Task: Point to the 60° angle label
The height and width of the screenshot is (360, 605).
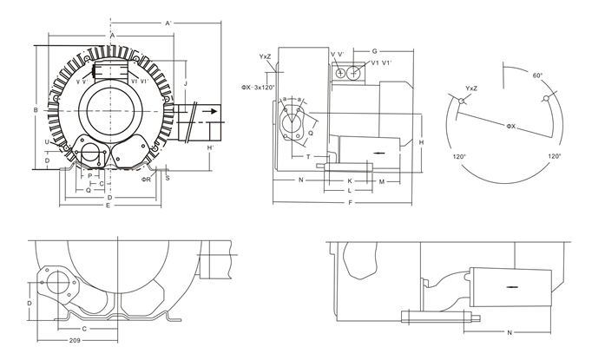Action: pyautogui.click(x=538, y=76)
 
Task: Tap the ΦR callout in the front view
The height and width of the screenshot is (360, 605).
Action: pyautogui.click(x=148, y=180)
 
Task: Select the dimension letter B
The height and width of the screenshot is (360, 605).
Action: pyautogui.click(x=35, y=110)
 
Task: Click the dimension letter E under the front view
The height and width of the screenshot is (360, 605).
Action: pyautogui.click(x=108, y=206)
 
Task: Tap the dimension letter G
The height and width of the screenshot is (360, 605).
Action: pyautogui.click(x=374, y=53)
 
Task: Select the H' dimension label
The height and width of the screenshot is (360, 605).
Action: pyautogui.click(x=211, y=148)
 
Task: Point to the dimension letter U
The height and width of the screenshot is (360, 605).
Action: pyautogui.click(x=46, y=141)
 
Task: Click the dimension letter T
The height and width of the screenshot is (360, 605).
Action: pyautogui.click(x=308, y=157)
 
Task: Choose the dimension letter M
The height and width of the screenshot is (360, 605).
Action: pyautogui.click(x=382, y=180)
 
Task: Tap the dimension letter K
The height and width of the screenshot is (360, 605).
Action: pyautogui.click(x=349, y=180)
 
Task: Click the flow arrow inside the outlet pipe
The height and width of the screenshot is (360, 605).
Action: pyautogui.click(x=209, y=111)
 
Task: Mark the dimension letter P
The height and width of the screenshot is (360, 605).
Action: pyautogui.click(x=89, y=175)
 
